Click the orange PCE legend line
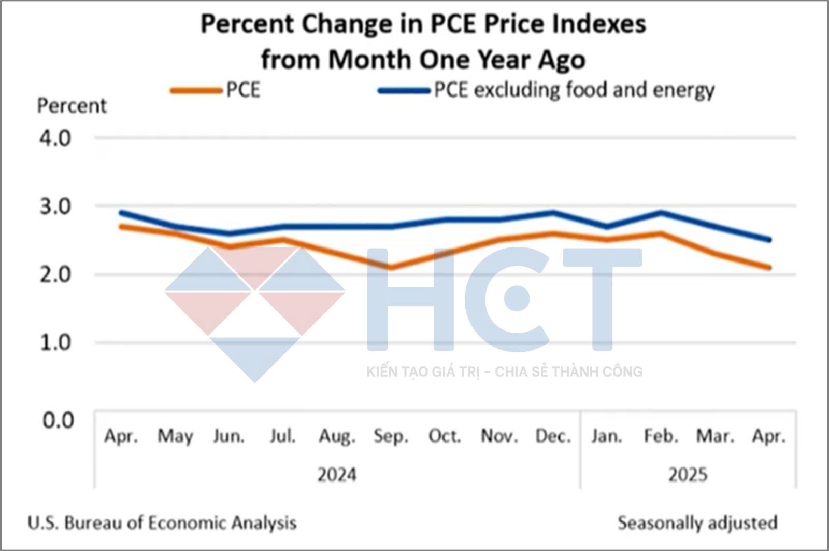pyautogui.click(x=196, y=90)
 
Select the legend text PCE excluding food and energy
pyautogui.click(x=574, y=90)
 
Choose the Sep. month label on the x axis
pyautogui.click(x=391, y=436)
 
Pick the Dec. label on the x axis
pyautogui.click(x=553, y=436)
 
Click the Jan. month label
pyautogui.click(x=607, y=436)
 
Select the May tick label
pyautogui.click(x=175, y=436)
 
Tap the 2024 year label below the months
pyautogui.click(x=337, y=475)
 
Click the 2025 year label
pyautogui.click(x=688, y=475)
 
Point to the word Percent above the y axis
pyautogui.click(x=72, y=106)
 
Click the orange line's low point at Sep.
pyautogui.click(x=391, y=268)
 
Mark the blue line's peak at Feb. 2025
pyautogui.click(x=661, y=212)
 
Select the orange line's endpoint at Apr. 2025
pyautogui.click(x=770, y=268)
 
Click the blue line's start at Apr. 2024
pyautogui.click(x=121, y=212)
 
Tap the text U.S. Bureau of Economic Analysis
pyautogui.click(x=162, y=522)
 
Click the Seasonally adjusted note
pyautogui.click(x=697, y=522)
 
